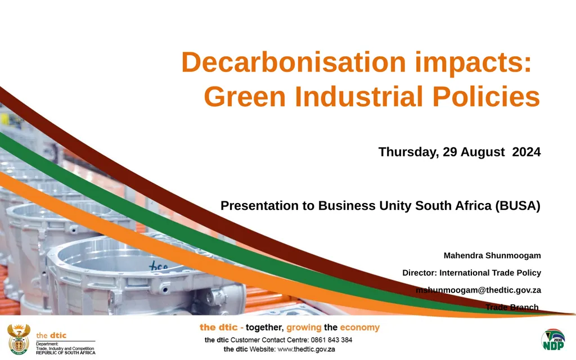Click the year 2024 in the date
pos(526,152)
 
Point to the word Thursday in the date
pos(408,152)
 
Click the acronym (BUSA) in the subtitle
pos(517,206)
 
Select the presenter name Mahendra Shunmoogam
pos(492,255)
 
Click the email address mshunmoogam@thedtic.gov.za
pos(478,290)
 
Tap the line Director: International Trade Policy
pos(471,273)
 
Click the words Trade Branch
pos(512,307)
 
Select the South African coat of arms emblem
pos(19,339)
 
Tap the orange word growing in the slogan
pos(304,328)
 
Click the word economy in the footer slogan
pos(359,328)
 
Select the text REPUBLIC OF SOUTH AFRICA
pos(66,353)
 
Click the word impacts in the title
pos(472,62)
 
